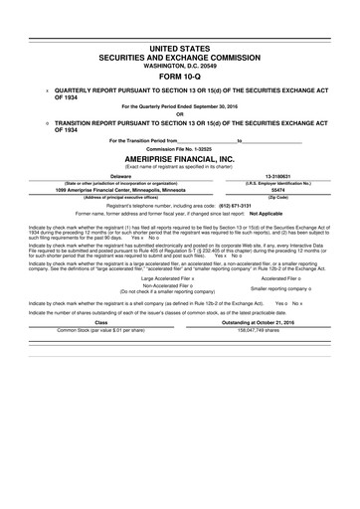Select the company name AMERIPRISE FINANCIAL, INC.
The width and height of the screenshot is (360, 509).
(180, 157)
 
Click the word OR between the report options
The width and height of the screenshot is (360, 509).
(180, 113)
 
